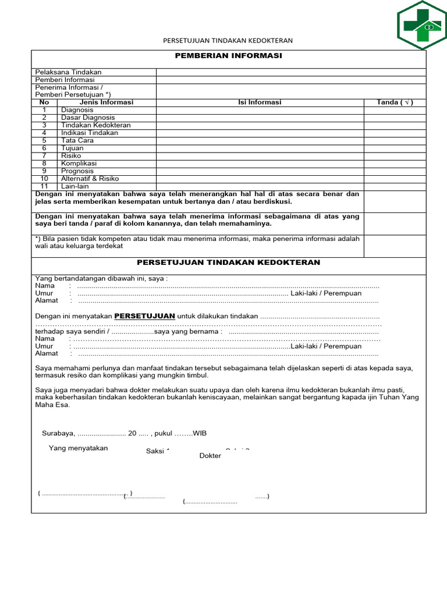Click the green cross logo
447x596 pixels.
pyautogui.click(x=422, y=26)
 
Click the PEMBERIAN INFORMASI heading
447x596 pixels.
pyautogui.click(x=228, y=55)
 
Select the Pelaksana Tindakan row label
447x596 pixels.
pyautogui.click(x=68, y=72)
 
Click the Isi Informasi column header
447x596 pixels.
pyautogui.click(x=260, y=102)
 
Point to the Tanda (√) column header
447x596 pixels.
pyautogui.click(x=395, y=102)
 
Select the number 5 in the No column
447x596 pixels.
pyautogui.click(x=44, y=140)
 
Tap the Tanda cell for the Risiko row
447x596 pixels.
pyautogui.click(x=395, y=156)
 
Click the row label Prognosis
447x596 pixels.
pyautogui.click(x=77, y=171)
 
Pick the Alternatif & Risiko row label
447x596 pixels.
pyautogui.click(x=90, y=179)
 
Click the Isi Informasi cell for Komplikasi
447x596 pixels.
pyautogui.click(x=260, y=164)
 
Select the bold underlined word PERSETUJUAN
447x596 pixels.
pyautogui.click(x=144, y=315)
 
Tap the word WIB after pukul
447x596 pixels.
pyautogui.click(x=199, y=434)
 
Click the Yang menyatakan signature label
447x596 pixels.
pyautogui.click(x=78, y=448)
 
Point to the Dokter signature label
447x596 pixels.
pyautogui.click(x=210, y=456)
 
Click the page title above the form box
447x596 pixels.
pyautogui.click(x=227, y=41)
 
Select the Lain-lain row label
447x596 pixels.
pyautogui.click(x=74, y=186)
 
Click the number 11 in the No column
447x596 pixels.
pyautogui.click(x=44, y=186)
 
